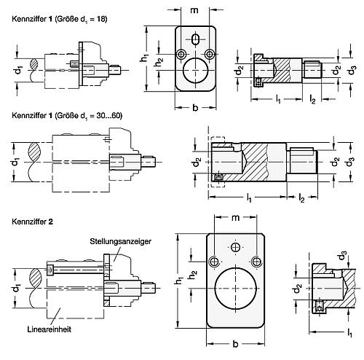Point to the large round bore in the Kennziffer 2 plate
pyautogui.click(x=234, y=293)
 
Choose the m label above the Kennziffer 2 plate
pyautogui.click(x=234, y=219)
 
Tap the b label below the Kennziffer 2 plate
pyautogui.click(x=234, y=340)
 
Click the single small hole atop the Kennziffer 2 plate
pyautogui.click(x=234, y=246)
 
